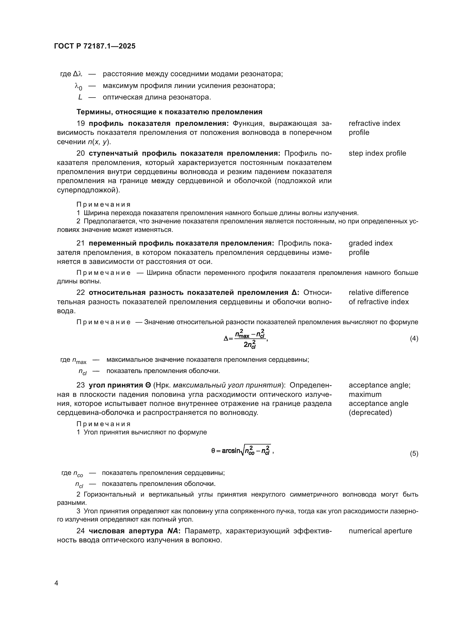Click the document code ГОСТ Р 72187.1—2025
(x=95, y=46)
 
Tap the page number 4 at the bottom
(x=56, y=583)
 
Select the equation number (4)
(x=414, y=339)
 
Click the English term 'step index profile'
(x=377, y=153)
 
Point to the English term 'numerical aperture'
(x=380, y=531)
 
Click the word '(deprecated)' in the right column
(x=370, y=412)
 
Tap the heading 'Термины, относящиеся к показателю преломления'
(x=169, y=112)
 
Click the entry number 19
(x=80, y=123)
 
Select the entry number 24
(x=80, y=531)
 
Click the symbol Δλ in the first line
(x=77, y=74)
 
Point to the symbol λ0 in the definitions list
(x=79, y=86)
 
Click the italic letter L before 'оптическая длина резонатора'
(x=80, y=97)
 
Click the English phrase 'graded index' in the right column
(x=370, y=243)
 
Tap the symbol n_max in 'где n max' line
(x=79, y=360)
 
